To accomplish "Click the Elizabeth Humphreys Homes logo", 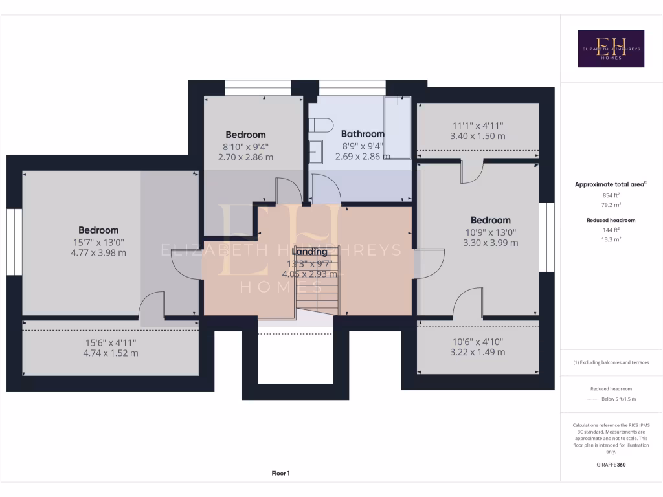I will click(611, 49).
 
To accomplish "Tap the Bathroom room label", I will click(363, 134).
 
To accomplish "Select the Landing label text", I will click(309, 252).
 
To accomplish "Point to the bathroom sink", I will click(316, 152).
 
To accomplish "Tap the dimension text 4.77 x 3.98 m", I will click(99, 253).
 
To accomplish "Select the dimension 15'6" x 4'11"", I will click(111, 342).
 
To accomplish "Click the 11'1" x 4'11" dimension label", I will click(477, 126).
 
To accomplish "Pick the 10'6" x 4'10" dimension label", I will click(477, 342).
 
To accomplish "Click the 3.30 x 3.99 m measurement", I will click(490, 243).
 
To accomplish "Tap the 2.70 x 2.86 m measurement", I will click(245, 157).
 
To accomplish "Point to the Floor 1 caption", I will click(280, 474).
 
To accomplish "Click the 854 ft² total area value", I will click(611, 195).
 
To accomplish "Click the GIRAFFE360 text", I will click(611, 465).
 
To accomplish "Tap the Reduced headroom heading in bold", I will click(611, 220).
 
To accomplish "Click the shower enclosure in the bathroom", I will click(397, 127).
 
